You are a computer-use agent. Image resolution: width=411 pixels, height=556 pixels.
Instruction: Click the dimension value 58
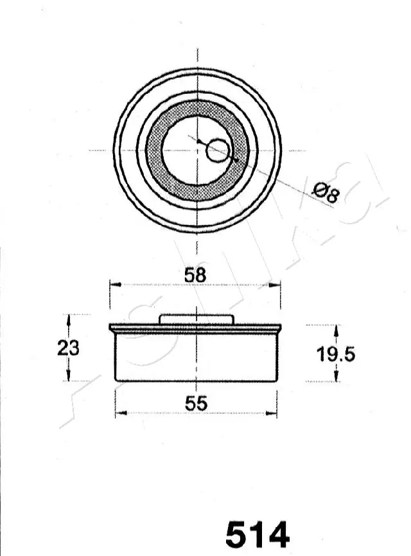195,275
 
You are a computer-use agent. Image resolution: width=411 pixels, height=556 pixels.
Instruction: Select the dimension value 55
195,404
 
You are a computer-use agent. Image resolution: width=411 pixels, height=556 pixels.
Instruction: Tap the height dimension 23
68,348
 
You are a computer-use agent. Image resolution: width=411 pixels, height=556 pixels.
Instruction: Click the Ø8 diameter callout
325,192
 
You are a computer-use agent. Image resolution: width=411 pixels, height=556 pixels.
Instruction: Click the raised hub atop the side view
195,319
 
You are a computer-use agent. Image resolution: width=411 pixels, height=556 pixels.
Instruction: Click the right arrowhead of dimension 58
278,284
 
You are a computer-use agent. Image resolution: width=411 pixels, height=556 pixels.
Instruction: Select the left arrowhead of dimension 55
118,413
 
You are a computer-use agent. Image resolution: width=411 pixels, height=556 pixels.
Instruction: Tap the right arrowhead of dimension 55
274,413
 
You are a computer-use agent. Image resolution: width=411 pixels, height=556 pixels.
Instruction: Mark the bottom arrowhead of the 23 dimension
69,378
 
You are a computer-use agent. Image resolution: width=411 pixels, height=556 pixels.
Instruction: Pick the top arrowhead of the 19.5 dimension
335,328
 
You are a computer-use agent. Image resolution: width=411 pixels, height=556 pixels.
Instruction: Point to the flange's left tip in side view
110,328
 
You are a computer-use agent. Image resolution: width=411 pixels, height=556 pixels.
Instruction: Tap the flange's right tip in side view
281,328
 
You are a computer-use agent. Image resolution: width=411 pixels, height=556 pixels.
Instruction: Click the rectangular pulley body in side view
195,357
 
